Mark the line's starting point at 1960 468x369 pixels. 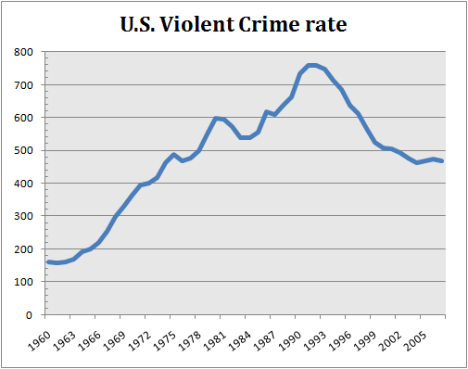point(48,262)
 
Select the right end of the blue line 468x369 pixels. point(441,161)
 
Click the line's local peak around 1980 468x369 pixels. point(216,118)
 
